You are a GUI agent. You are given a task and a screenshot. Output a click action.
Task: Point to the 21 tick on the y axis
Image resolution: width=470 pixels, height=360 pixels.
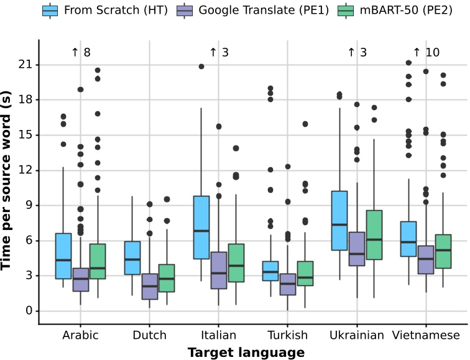(x=25, y=65)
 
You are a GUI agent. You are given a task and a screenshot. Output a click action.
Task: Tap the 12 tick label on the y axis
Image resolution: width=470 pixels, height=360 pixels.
(x=25, y=170)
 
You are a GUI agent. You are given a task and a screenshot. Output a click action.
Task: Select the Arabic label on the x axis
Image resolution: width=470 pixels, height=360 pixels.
(x=80, y=336)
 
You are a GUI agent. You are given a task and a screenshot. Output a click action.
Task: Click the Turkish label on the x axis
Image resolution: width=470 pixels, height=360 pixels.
(x=288, y=336)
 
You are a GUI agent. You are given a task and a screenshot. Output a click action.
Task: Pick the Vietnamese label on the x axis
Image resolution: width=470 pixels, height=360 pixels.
(x=426, y=336)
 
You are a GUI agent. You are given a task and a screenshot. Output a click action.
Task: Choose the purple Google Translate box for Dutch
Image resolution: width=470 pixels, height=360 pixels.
(x=150, y=287)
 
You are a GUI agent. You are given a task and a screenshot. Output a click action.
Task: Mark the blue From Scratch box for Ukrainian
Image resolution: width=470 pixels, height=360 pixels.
(x=339, y=221)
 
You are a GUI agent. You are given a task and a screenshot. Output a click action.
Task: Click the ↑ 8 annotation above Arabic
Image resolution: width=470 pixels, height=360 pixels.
(x=81, y=53)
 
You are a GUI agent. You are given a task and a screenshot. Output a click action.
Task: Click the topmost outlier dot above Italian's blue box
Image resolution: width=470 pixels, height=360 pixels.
(x=201, y=67)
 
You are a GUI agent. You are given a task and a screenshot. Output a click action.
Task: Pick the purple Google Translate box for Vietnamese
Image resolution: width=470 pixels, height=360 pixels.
(x=426, y=259)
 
